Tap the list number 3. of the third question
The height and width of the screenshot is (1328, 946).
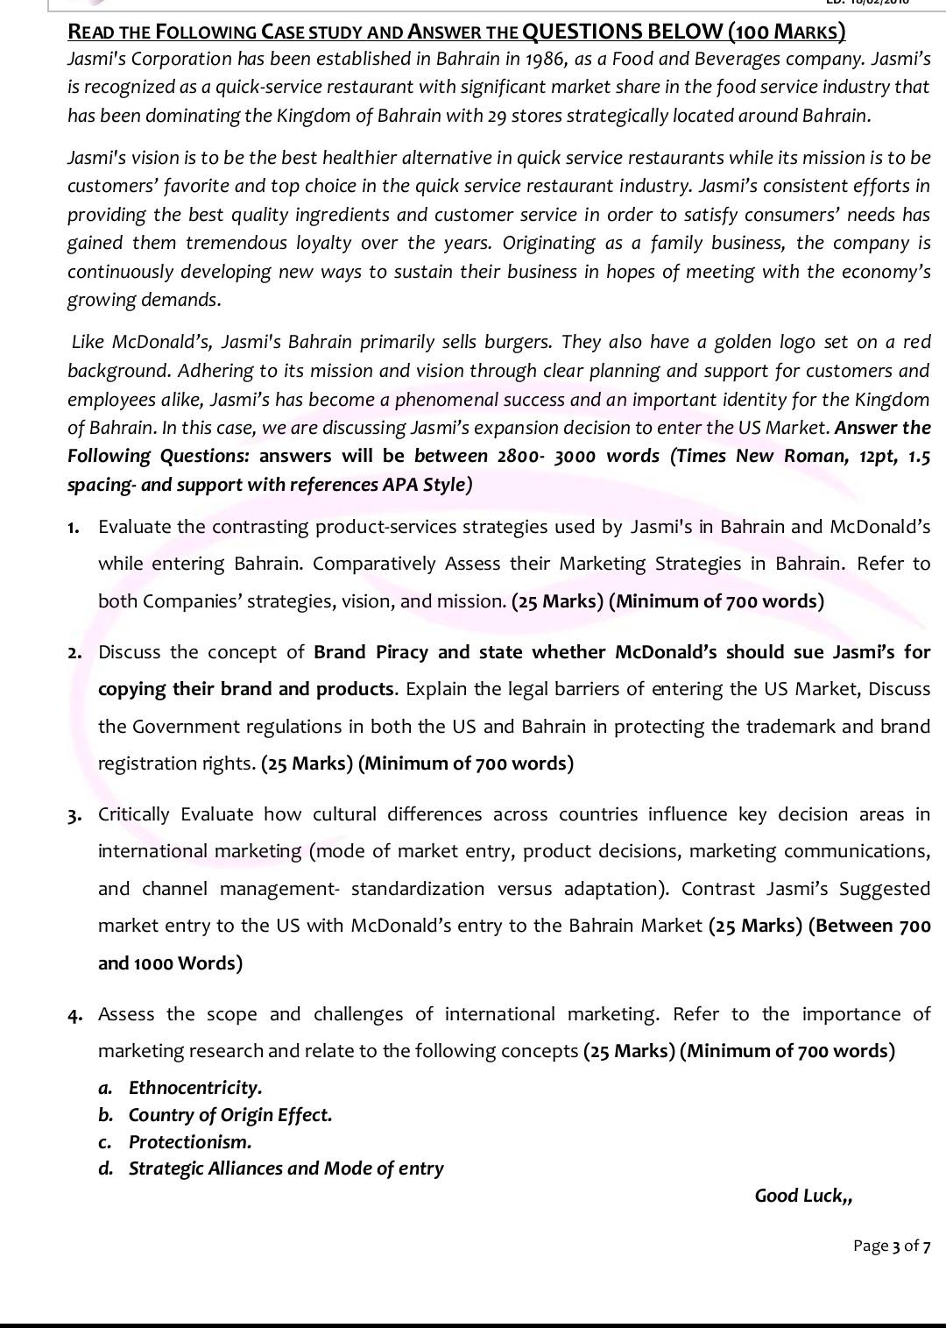(75, 815)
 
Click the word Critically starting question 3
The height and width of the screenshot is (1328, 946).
(134, 814)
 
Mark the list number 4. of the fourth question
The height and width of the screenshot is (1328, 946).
(75, 1015)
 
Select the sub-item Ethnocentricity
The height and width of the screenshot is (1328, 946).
(194, 1088)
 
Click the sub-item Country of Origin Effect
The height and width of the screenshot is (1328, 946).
(229, 1115)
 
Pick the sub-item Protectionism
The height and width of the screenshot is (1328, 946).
(189, 1142)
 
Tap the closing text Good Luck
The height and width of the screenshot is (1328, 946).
(801, 1196)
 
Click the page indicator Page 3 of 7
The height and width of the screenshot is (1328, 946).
(891, 1246)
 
